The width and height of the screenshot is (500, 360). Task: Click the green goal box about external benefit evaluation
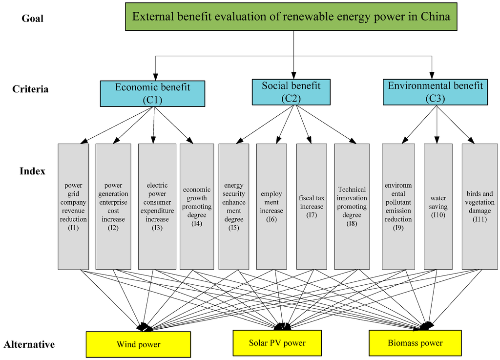(x=291, y=17)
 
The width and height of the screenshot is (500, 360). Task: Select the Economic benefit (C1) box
(x=152, y=94)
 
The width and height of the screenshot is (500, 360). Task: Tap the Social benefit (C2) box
(x=291, y=92)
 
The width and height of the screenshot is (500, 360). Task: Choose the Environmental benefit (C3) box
(x=435, y=92)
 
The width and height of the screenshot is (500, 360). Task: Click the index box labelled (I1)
(x=73, y=206)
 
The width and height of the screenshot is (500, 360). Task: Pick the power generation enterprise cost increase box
(x=113, y=206)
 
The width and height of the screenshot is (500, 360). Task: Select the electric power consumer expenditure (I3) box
(x=157, y=206)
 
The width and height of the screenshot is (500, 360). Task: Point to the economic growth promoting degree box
(x=196, y=206)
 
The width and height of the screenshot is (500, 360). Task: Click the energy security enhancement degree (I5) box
(x=234, y=206)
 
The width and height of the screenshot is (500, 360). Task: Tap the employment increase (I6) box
(x=271, y=206)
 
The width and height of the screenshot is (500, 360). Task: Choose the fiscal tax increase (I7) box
(x=311, y=206)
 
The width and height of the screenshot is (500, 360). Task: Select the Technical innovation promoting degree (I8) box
(x=352, y=206)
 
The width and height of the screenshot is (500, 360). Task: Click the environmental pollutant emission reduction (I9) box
(x=398, y=206)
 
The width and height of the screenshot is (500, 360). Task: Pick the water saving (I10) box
(x=438, y=206)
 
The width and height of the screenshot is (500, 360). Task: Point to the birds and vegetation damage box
(x=479, y=206)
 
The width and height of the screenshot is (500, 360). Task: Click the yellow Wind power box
(x=138, y=344)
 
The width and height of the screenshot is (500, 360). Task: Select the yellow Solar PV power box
(x=277, y=343)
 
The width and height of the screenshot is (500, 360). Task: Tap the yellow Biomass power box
(x=415, y=343)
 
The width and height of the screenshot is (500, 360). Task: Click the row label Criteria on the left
(x=30, y=89)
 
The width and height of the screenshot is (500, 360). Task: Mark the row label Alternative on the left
(x=29, y=344)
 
